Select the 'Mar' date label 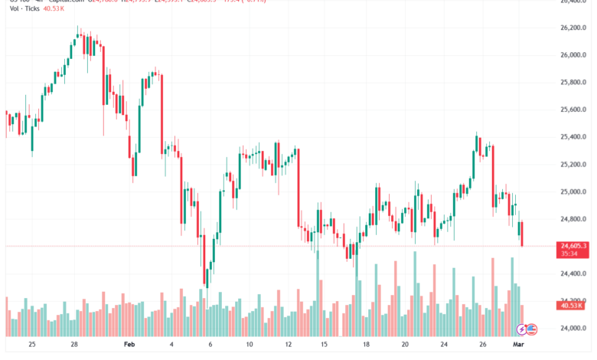[517, 345]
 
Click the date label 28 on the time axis [73, 345]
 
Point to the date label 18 [367, 345]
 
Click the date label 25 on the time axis [31, 345]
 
